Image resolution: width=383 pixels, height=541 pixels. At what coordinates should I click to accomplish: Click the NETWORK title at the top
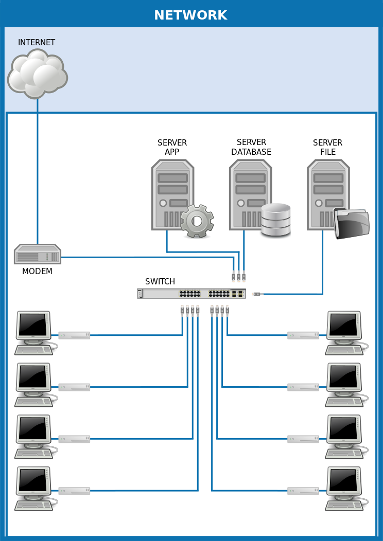[190, 15]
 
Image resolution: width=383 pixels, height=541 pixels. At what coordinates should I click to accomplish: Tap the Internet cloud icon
[37, 74]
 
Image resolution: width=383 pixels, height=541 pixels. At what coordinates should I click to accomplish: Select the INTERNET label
[37, 43]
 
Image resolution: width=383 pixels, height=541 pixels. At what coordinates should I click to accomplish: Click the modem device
[38, 255]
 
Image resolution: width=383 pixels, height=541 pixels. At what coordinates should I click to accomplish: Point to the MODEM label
[37, 272]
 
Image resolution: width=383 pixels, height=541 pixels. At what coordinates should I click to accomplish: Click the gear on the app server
[197, 221]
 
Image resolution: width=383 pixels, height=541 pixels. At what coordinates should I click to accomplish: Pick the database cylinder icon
[276, 220]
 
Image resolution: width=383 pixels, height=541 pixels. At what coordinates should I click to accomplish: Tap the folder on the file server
[352, 223]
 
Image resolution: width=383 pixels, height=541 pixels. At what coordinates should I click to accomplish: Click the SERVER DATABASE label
[251, 148]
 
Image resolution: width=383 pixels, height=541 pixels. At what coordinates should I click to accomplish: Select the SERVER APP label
[172, 148]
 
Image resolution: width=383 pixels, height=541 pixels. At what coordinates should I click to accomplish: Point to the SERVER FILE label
[327, 148]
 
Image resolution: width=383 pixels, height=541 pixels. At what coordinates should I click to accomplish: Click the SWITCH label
[160, 282]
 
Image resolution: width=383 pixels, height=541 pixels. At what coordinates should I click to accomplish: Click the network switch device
[191, 294]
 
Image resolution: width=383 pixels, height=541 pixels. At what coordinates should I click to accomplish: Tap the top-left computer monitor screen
[33, 325]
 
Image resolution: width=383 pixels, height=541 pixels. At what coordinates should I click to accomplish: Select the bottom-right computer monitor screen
[343, 480]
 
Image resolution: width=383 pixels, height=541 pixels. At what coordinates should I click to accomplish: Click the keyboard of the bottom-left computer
[33, 506]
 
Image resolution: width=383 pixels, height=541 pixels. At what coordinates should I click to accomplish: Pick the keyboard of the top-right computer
[344, 350]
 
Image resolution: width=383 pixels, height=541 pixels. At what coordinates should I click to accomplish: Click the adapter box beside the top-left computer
[74, 335]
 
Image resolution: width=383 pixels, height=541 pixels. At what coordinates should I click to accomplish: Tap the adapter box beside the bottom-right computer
[303, 491]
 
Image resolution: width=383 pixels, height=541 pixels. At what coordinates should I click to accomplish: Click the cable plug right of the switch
[257, 294]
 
